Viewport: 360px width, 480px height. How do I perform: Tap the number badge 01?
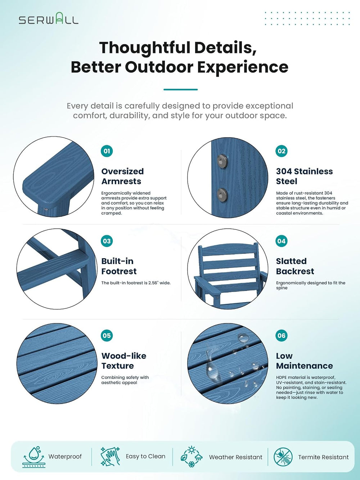[x=107, y=151]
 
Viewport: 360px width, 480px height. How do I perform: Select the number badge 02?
[x=281, y=151]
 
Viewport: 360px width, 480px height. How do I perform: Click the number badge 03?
[x=107, y=241]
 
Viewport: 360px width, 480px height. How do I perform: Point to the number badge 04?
[x=281, y=241]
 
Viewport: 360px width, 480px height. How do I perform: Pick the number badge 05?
[x=107, y=336]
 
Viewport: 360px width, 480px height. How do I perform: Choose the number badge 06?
[x=281, y=336]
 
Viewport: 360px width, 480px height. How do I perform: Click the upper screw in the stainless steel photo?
[x=222, y=161]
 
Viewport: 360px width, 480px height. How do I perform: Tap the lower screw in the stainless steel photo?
[x=222, y=194]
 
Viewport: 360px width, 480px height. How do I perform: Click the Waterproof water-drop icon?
[x=34, y=457]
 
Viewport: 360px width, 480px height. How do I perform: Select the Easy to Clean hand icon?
[x=110, y=456]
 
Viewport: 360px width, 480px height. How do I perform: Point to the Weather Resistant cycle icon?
[x=192, y=457]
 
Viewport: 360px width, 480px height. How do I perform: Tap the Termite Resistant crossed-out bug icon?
[x=283, y=457]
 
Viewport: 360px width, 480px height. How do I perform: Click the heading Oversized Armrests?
[x=122, y=176]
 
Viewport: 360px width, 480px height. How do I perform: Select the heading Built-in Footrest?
[x=119, y=266]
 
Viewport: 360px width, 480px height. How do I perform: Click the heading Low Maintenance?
[x=304, y=360]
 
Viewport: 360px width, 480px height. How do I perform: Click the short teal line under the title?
[x=181, y=89]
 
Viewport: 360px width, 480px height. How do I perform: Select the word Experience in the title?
[x=243, y=67]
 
